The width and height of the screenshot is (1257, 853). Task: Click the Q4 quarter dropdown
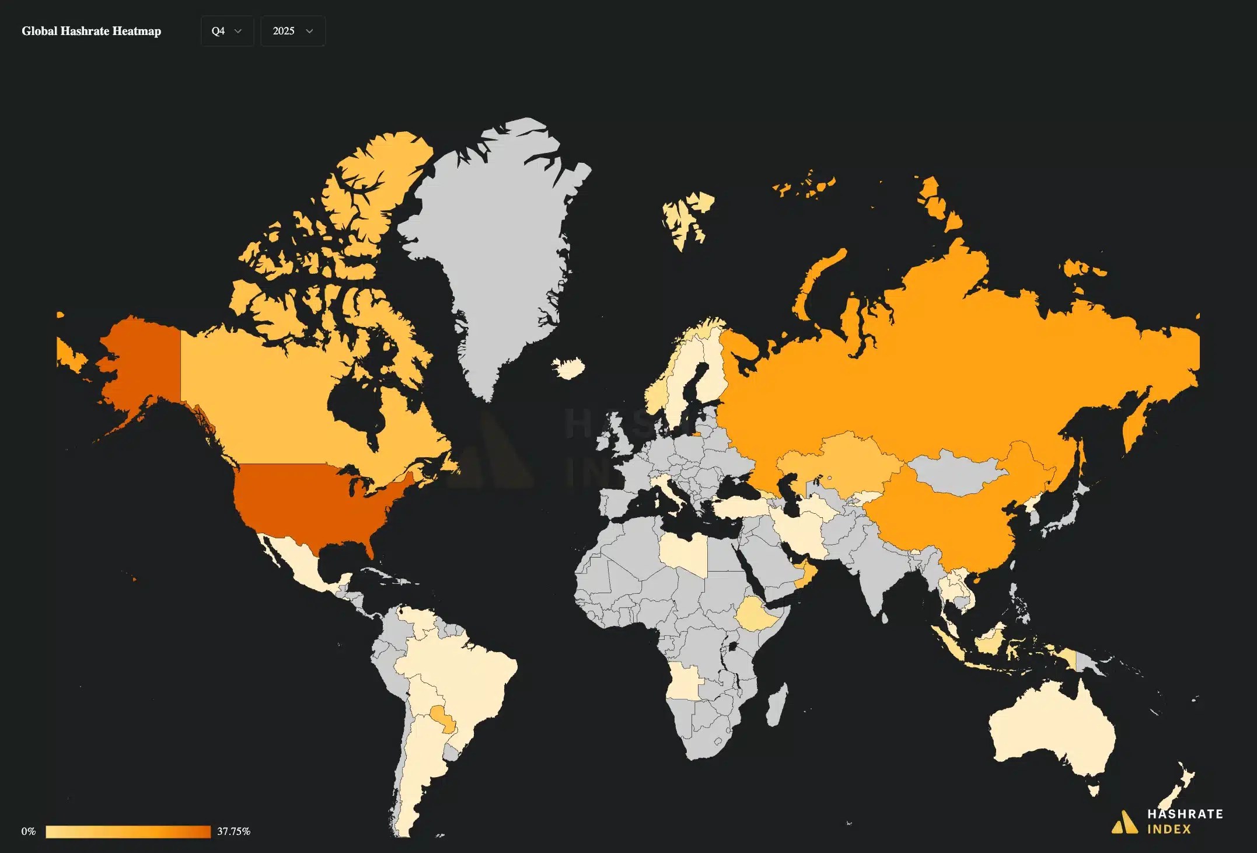tap(227, 31)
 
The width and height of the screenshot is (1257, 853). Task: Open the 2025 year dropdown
tap(292, 31)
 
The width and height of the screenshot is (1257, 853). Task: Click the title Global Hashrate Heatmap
tap(92, 32)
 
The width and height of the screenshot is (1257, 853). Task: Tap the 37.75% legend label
tap(233, 831)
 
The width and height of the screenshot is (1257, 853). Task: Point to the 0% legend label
tap(29, 831)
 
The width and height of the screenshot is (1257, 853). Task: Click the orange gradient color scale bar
tap(128, 831)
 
